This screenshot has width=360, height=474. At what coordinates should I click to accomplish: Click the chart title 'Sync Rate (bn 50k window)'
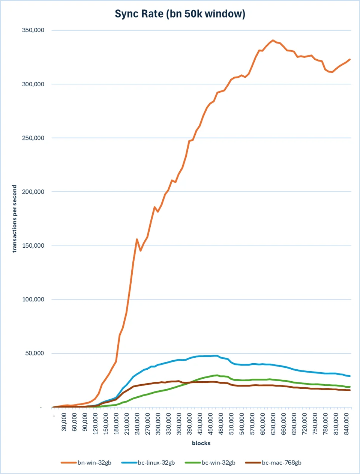coord(180,14)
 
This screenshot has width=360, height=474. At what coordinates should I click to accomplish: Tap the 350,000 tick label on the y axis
coord(33,30)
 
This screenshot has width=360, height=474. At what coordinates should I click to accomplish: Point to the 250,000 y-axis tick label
coord(33,138)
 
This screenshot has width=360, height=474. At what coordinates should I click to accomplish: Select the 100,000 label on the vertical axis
coord(33,299)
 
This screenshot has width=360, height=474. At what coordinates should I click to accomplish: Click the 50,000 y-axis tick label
coord(34,353)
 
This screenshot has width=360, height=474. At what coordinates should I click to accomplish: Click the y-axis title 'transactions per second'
coord(14,218)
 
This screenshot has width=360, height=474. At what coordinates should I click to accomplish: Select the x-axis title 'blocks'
coord(201,443)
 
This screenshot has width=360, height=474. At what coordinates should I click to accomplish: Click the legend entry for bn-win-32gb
coord(86,463)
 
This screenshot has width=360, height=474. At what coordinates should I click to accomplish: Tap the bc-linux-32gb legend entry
coord(148,463)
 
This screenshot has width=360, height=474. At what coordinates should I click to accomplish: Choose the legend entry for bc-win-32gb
coord(210,463)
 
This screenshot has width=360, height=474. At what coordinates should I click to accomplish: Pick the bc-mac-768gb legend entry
coord(273,463)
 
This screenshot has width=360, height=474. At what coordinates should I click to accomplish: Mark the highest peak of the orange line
coord(273,40)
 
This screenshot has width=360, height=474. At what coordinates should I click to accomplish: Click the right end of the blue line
coord(349,376)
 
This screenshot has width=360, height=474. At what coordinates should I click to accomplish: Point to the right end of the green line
coord(349,387)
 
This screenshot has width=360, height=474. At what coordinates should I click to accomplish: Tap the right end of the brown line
coord(349,390)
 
